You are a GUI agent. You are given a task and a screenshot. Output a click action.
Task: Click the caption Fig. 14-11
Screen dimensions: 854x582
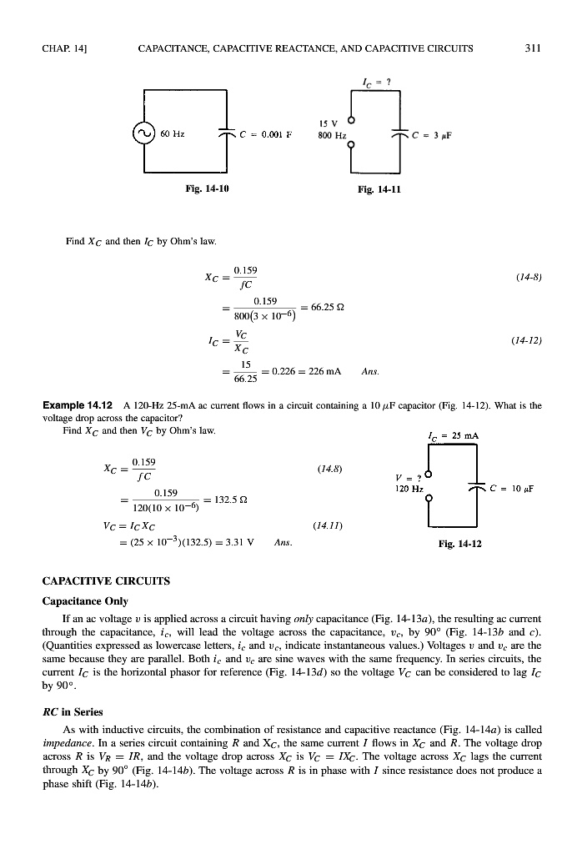[x=380, y=189]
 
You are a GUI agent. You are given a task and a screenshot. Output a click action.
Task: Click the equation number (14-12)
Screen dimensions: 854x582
[x=525, y=341]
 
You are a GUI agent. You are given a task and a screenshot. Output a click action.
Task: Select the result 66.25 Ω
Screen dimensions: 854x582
[x=329, y=308]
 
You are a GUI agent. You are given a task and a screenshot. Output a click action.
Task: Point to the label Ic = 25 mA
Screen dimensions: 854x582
[x=453, y=435]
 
